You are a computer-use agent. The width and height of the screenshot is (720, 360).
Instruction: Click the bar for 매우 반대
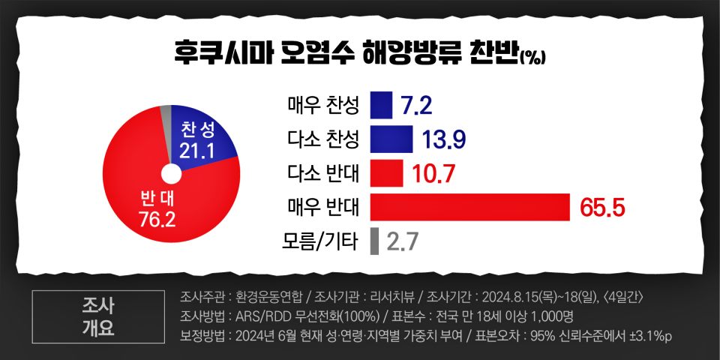click(471, 207)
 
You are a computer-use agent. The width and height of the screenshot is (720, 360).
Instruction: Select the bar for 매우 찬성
click(381, 105)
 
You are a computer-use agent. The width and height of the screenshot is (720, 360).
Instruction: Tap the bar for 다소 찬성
click(391, 139)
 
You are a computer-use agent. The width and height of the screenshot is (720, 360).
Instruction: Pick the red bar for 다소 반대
click(386, 173)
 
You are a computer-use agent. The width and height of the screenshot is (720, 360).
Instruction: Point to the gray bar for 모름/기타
click(374, 241)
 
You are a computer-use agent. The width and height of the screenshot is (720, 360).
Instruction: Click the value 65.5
click(602, 208)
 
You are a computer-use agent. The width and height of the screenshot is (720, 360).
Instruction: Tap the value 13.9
click(441, 139)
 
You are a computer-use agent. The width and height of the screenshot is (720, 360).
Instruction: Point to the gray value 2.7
click(402, 241)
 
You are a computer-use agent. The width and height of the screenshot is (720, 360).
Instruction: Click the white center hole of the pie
click(171, 175)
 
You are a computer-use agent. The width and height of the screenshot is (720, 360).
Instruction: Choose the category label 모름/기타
click(322, 241)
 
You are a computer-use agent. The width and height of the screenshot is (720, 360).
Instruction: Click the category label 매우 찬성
click(323, 105)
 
